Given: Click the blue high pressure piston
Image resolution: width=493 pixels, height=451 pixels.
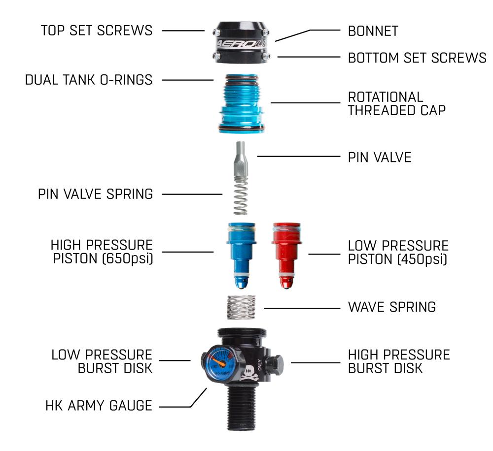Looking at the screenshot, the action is pyautogui.click(x=242, y=255).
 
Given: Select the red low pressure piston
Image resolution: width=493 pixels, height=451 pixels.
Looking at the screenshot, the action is pyautogui.click(x=286, y=255).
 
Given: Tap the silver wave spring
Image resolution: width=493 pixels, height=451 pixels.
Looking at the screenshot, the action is pyautogui.click(x=241, y=307).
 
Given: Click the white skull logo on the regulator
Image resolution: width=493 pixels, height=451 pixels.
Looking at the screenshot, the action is pyautogui.click(x=248, y=373).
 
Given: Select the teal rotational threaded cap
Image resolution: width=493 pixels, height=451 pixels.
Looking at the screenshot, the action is pyautogui.click(x=242, y=104).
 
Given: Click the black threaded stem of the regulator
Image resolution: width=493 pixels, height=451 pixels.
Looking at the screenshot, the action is pyautogui.click(x=242, y=408).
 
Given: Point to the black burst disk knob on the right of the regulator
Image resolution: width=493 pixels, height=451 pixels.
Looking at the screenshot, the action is pyautogui.click(x=274, y=364).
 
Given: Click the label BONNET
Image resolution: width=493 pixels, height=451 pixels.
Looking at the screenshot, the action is pyautogui.click(x=373, y=31).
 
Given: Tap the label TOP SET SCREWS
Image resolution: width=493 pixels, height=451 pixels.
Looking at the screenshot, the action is pyautogui.click(x=97, y=31).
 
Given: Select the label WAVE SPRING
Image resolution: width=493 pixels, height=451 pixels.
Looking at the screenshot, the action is pyautogui.click(x=392, y=307).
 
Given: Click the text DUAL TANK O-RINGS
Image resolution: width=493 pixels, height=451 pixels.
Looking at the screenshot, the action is pyautogui.click(x=89, y=80).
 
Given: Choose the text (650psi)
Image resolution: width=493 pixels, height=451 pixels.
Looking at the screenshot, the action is pyautogui.click(x=128, y=258).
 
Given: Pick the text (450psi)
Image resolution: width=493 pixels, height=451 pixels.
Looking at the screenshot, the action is pyautogui.click(x=423, y=259).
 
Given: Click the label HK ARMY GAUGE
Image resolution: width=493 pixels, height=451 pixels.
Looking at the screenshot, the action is pyautogui.click(x=99, y=406).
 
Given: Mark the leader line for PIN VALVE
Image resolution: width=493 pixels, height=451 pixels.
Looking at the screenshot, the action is pyautogui.click(x=299, y=156).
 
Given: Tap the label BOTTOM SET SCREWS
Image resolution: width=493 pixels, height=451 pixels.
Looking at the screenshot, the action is pyautogui.click(x=417, y=58).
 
